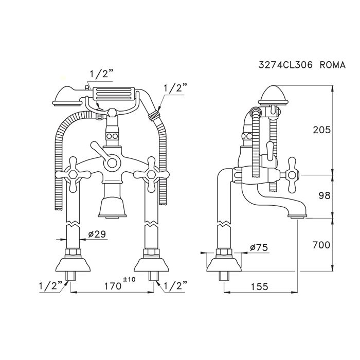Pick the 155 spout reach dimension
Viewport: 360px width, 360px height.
pyautogui.click(x=260, y=286)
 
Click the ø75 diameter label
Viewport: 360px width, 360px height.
pyautogui.click(x=259, y=247)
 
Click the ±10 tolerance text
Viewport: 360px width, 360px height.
pyautogui.click(x=129, y=279)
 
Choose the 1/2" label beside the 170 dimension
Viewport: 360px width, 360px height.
pyautogui.click(x=174, y=285)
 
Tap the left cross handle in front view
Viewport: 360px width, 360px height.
pyautogui.click(x=69, y=175)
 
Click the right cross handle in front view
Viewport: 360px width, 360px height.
pyautogui.click(x=151, y=175)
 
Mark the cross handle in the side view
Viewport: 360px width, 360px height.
pyautogui.click(x=291, y=174)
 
